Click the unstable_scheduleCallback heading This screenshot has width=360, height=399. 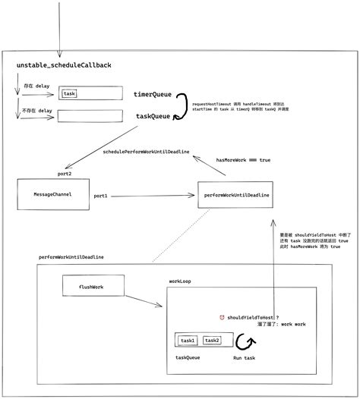58,67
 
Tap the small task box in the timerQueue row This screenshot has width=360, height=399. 70,94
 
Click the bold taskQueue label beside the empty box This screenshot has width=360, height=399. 153,116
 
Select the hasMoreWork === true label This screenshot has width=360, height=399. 243,160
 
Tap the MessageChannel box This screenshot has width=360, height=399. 52,195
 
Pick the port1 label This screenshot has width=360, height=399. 100,196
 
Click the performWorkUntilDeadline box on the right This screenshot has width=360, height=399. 236,195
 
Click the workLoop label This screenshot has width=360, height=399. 180,281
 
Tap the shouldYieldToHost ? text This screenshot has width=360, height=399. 253,318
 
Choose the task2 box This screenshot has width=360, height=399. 213,341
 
